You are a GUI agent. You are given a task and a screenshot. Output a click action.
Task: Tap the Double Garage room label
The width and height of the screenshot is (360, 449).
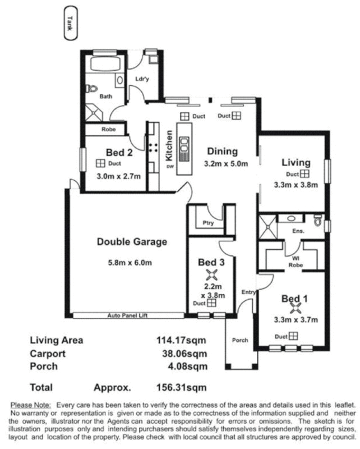tap(132, 242)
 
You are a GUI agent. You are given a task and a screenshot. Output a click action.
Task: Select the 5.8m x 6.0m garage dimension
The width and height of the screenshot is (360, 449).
tap(131, 262)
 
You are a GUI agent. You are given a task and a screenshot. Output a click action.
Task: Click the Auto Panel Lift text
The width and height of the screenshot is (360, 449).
tap(129, 317)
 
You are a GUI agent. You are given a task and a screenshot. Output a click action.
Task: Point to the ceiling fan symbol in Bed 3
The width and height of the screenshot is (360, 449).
tap(211, 274)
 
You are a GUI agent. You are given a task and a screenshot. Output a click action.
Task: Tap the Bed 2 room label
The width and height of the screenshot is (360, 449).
tap(119, 152)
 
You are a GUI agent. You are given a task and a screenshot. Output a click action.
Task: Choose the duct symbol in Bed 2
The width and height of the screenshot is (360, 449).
tap(100, 163)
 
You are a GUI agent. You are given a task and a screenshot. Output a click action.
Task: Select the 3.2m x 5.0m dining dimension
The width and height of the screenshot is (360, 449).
tap(223, 164)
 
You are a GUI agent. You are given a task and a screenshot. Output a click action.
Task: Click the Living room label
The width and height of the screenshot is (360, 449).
tap(296, 162)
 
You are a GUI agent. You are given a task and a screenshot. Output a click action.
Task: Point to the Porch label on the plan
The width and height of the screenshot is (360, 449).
tap(240, 340)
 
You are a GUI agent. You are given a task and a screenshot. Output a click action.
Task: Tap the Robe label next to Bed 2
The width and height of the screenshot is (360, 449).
tap(108, 129)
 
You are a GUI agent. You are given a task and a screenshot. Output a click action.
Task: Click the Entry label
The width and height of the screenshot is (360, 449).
tap(248, 292)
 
